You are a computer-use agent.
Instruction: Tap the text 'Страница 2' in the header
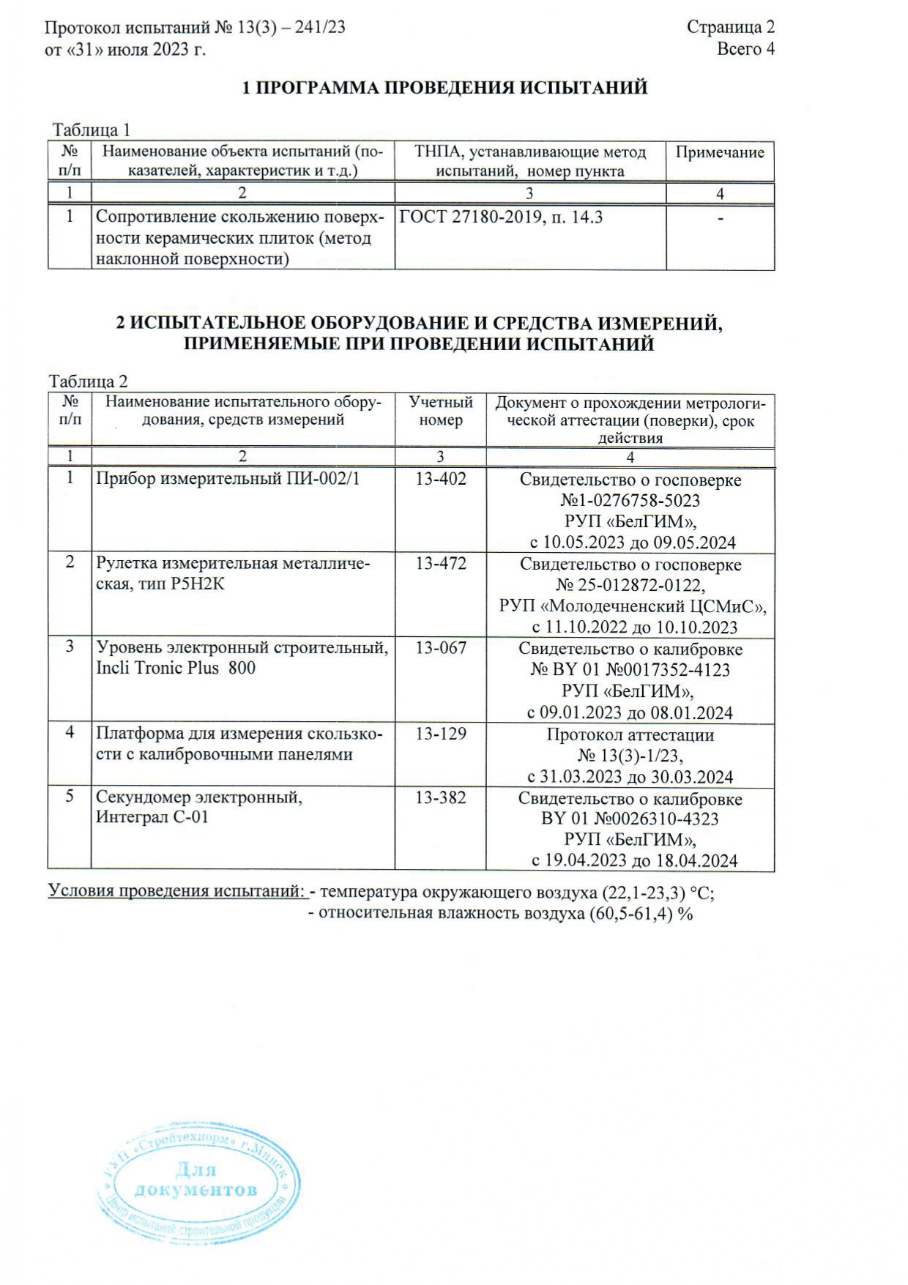[730, 27]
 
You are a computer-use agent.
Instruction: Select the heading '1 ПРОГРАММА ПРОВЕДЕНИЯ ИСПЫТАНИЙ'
[445, 88]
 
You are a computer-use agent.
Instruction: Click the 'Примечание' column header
[720, 152]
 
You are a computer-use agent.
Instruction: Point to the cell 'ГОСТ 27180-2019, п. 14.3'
[501, 217]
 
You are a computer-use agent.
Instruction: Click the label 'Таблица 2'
[88, 381]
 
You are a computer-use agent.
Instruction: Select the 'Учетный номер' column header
[441, 411]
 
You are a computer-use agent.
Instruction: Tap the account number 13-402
[441, 480]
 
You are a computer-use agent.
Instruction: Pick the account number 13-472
[441, 564]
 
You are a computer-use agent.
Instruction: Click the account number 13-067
[441, 648]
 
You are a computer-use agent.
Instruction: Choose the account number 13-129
[441, 734]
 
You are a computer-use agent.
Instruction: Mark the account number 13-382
[441, 798]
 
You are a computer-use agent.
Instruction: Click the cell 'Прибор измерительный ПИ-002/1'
[228, 480]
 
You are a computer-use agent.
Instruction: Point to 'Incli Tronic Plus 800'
[176, 668]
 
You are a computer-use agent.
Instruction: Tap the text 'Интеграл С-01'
[152, 817]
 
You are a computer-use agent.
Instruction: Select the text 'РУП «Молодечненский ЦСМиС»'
[633, 606]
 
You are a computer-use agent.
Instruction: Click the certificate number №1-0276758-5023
[630, 501]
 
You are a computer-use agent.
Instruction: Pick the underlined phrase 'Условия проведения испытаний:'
[176, 892]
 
